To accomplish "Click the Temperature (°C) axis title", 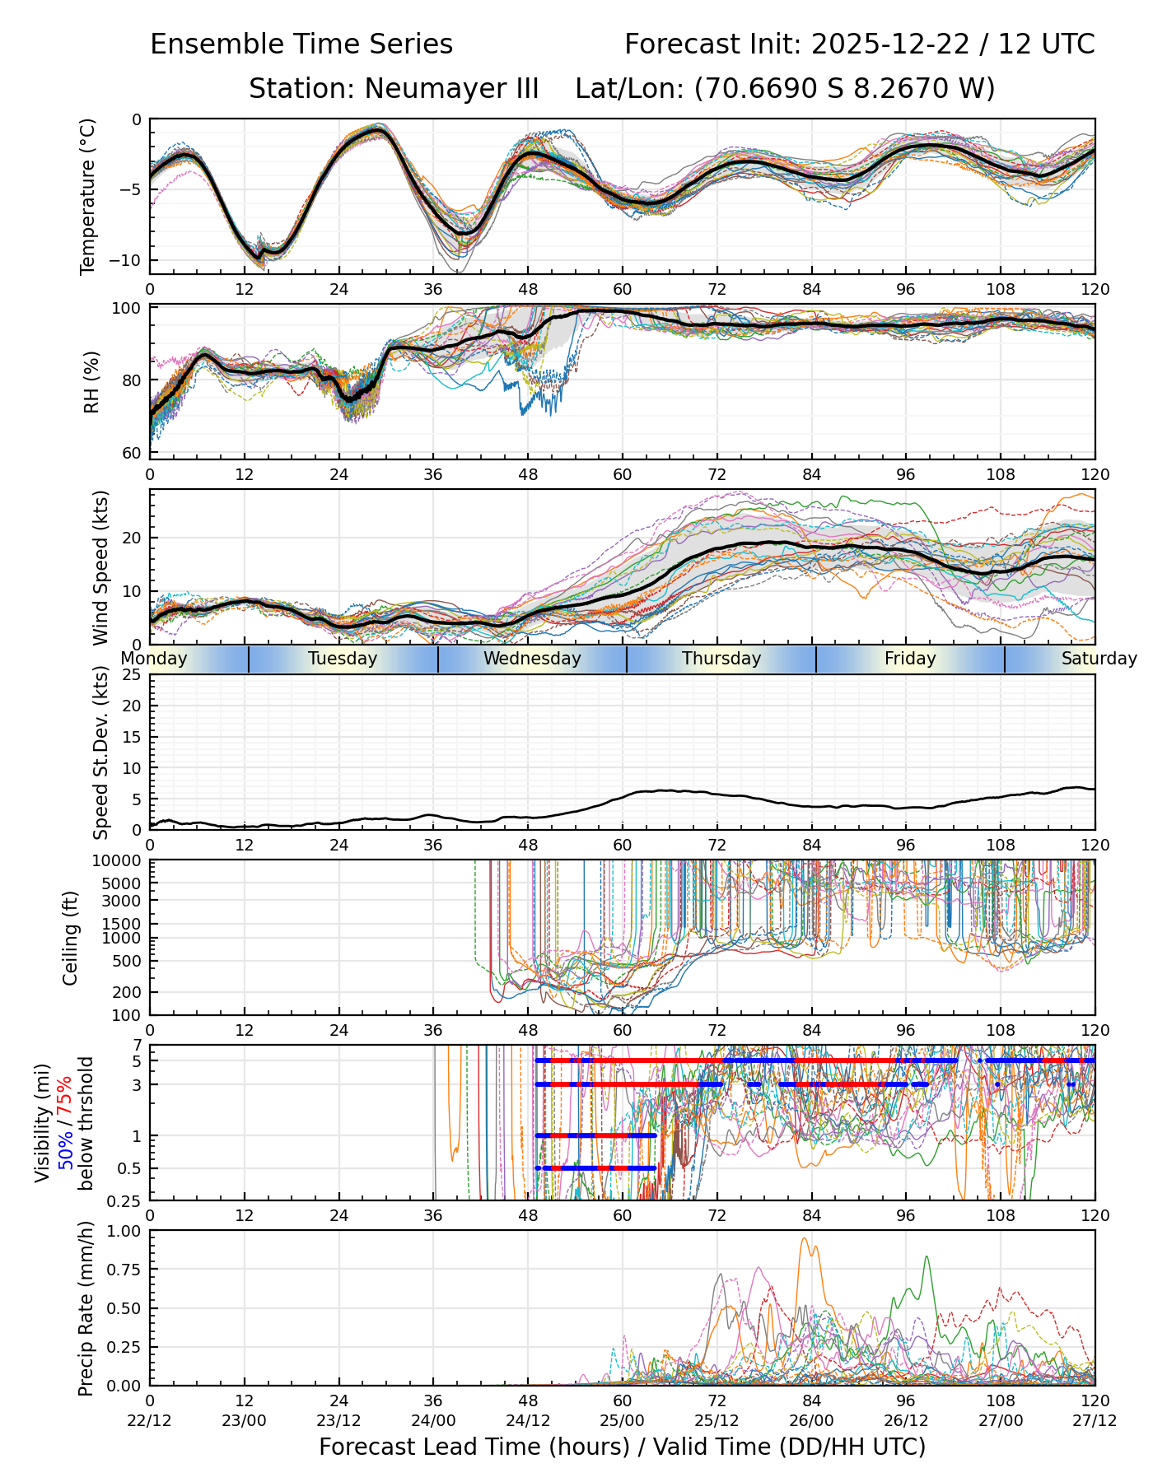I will pyautogui.click(x=88, y=196).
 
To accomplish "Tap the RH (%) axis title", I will pyautogui.click(x=91, y=381).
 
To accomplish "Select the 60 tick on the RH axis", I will pyautogui.click(x=132, y=453).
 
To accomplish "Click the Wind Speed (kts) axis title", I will pyautogui.click(x=100, y=567).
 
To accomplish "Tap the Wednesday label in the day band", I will pyautogui.click(x=532, y=659).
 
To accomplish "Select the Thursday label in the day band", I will pyautogui.click(x=721, y=659).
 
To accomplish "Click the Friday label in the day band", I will pyautogui.click(x=910, y=659).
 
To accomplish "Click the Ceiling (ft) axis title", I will pyautogui.click(x=71, y=938).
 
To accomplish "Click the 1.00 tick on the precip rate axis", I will pyautogui.click(x=125, y=1232).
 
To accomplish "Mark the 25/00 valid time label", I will pyautogui.click(x=622, y=1420).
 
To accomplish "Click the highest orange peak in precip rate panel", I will pyautogui.click(x=805, y=1238).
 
